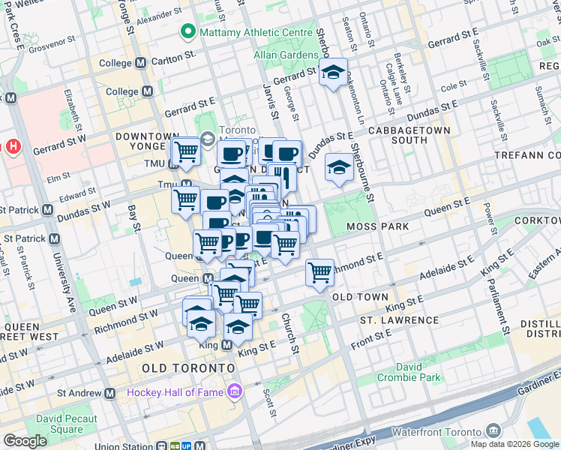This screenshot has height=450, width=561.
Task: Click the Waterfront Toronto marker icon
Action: tap(493, 430)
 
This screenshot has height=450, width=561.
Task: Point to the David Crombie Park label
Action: tap(409, 372)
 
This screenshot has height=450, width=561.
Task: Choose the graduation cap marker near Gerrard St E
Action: tap(333, 74)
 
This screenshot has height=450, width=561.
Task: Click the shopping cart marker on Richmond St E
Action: tap(320, 273)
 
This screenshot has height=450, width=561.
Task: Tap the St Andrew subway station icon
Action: tap(110, 392)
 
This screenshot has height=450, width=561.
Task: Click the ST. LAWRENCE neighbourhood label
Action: tap(398, 320)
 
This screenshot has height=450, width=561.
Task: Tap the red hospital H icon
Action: tap(13, 147)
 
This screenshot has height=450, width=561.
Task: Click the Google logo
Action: tap(25, 440)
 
